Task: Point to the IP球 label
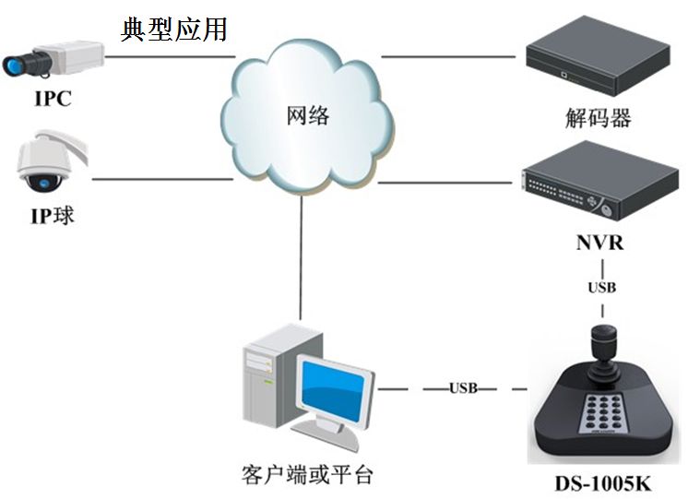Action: [52, 218]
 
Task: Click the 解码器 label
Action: [598, 119]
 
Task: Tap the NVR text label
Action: [598, 244]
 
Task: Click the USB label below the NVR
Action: [601, 288]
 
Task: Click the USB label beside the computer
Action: [463, 388]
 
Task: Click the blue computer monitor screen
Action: [334, 392]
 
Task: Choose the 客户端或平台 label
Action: [307, 475]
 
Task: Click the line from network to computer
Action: [300, 258]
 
